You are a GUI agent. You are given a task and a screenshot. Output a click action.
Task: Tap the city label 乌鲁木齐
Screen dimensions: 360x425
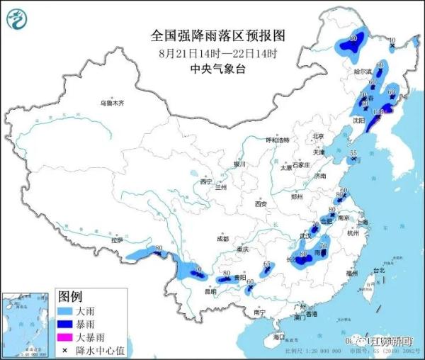(111, 103)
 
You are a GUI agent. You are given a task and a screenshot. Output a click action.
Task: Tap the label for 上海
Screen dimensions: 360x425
(363, 222)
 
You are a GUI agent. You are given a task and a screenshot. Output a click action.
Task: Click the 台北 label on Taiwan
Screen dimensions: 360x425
(379, 271)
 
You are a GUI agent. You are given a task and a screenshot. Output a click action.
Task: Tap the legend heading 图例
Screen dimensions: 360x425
(70, 296)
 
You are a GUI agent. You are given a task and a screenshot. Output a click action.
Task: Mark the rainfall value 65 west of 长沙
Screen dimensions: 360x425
(267, 265)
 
